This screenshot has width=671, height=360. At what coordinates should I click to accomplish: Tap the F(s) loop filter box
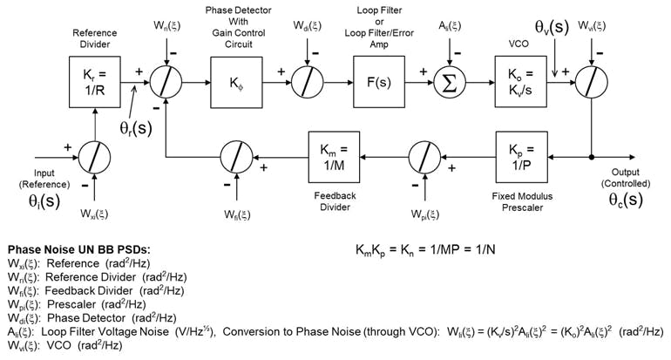(379, 82)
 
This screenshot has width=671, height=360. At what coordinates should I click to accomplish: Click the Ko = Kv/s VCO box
(521, 82)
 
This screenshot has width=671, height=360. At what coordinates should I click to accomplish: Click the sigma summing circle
(452, 83)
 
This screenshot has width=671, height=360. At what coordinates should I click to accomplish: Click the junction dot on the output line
(593, 157)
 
